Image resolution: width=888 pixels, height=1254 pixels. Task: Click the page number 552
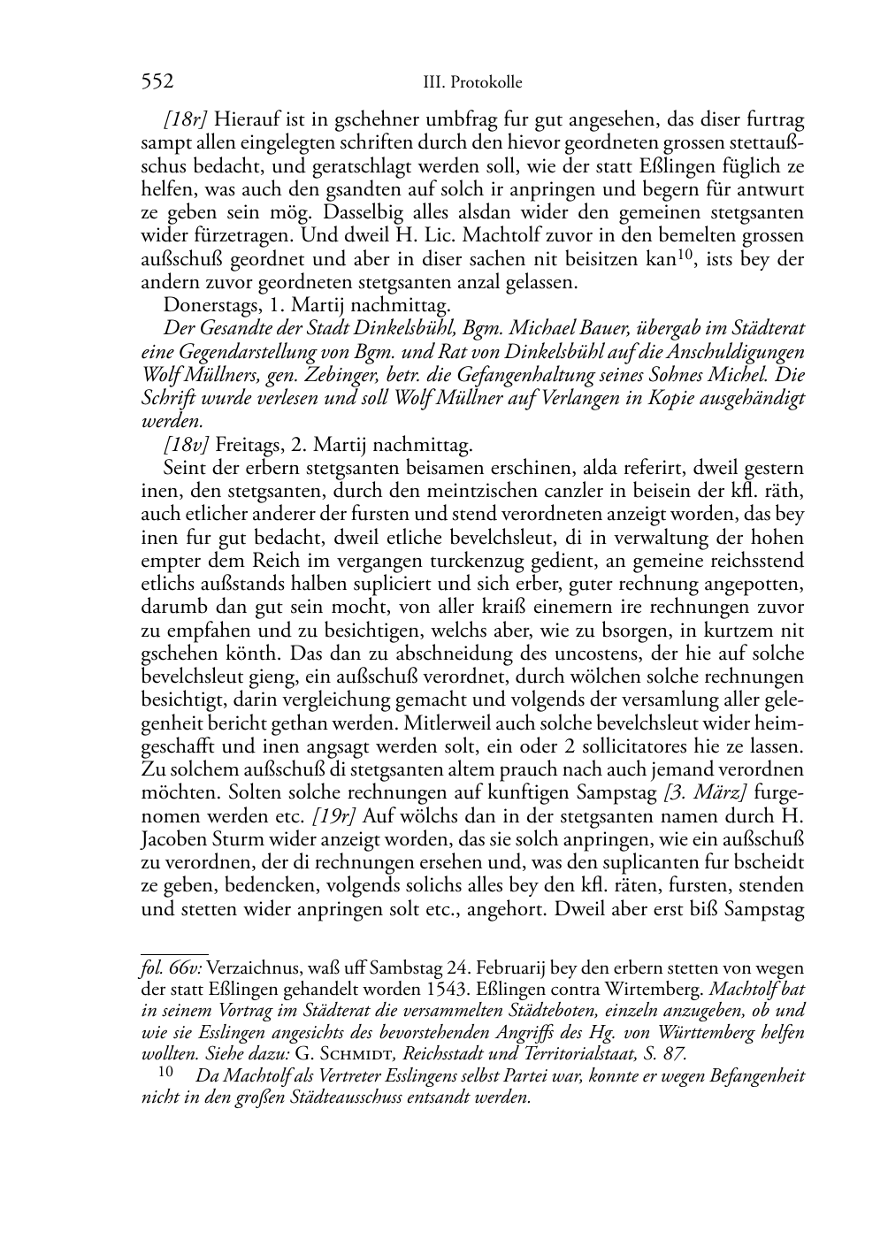point(157,82)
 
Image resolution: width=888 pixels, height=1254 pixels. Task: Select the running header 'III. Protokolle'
point(473,83)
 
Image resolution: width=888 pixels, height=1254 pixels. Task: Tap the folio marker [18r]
point(185,119)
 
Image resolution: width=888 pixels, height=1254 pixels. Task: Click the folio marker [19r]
point(334,814)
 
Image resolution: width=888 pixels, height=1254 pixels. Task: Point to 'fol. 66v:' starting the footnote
point(172,968)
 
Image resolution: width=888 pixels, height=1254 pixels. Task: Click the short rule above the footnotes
point(174,953)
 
